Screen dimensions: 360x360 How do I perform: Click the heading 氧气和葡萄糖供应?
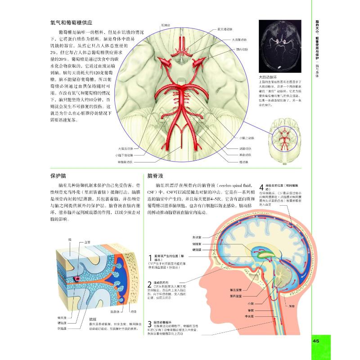pyautogui.click(x=74, y=22)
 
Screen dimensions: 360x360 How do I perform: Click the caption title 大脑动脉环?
pyautogui.click(x=268, y=77)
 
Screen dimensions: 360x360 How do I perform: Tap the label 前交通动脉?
pyautogui.click(x=225, y=29)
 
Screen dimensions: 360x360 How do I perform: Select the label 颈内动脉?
pyautogui.click(x=243, y=50)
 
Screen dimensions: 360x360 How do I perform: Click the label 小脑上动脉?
pyautogui.click(x=246, y=138)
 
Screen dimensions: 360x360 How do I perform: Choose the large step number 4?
pyautogui.click(x=262, y=187)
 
